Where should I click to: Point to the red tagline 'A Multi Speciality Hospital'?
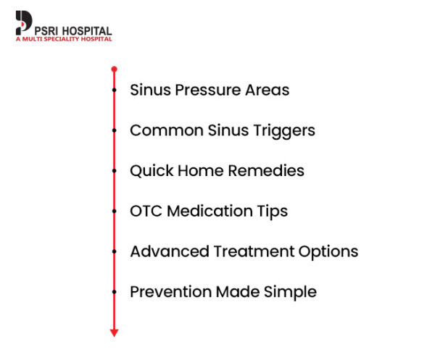click(x=64, y=39)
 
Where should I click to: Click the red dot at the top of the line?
click(x=114, y=69)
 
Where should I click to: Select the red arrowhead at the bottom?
click(x=114, y=332)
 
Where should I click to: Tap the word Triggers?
click(x=281, y=131)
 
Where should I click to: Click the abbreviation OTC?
click(x=145, y=212)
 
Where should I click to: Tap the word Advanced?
click(x=169, y=252)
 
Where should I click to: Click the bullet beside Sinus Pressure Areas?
click(x=114, y=91)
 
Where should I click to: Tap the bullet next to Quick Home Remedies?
click(x=114, y=172)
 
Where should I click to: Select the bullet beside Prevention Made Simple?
click(x=114, y=292)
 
